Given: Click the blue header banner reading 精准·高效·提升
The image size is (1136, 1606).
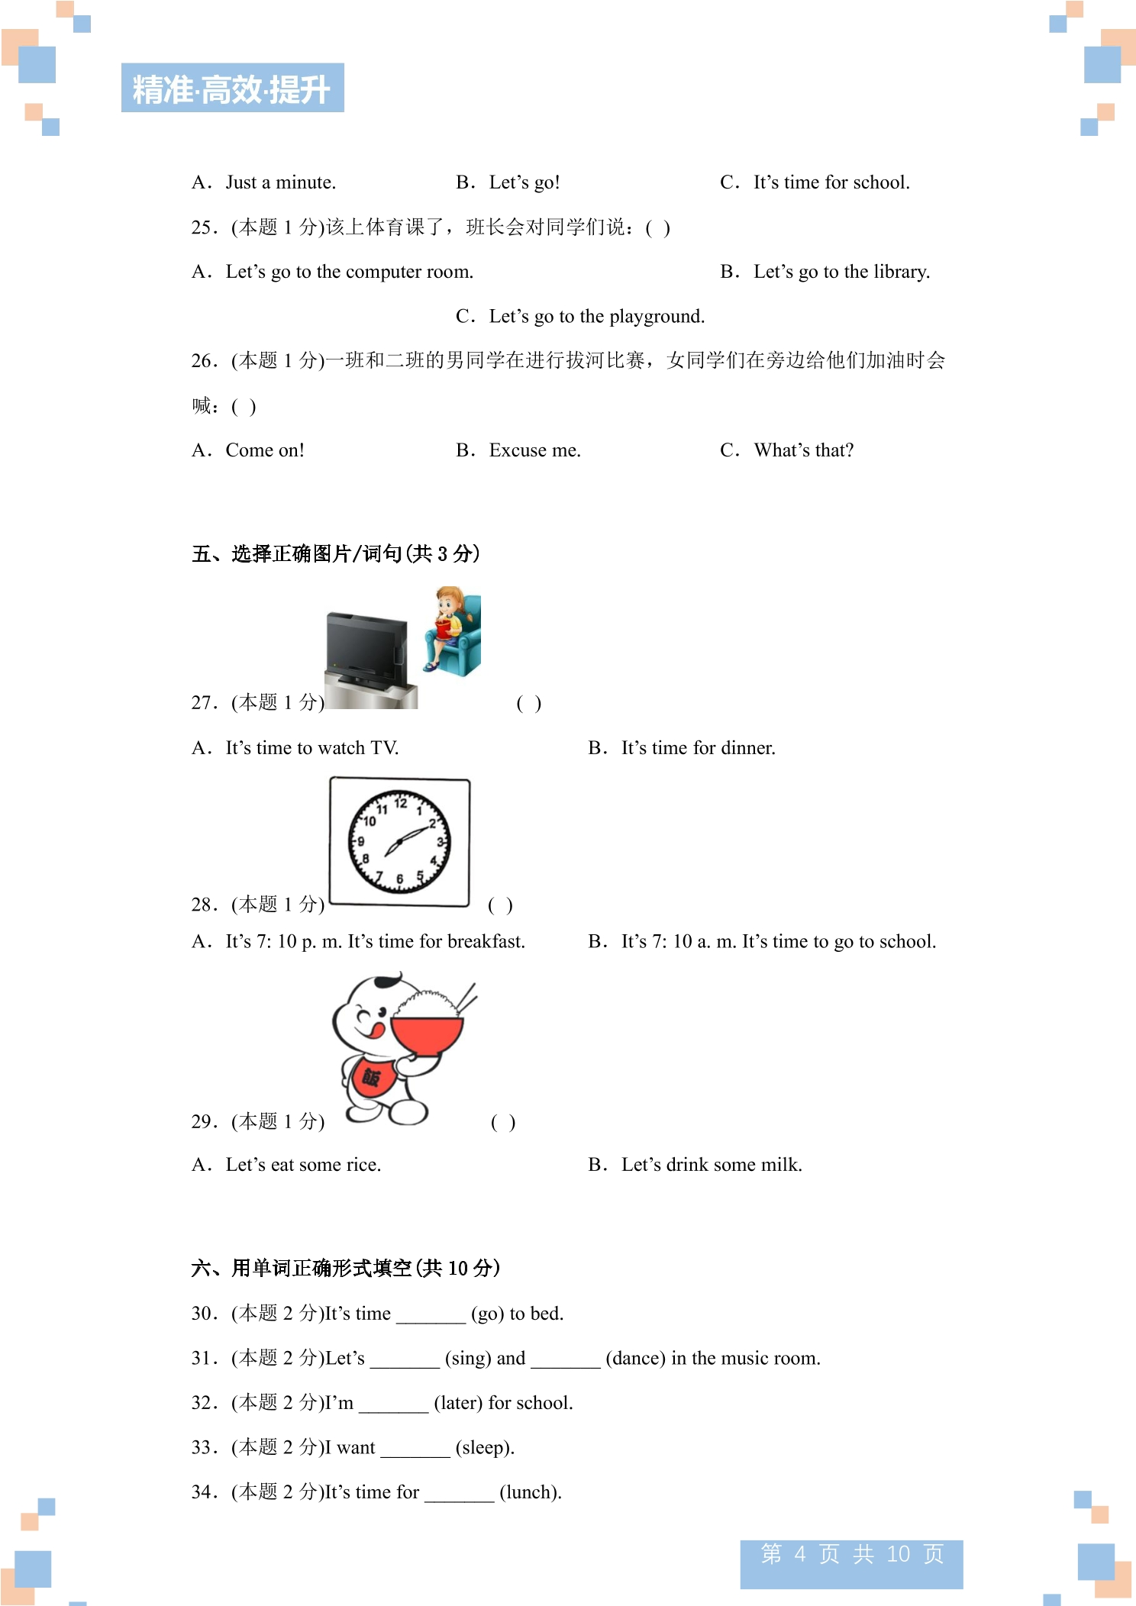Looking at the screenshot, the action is (x=232, y=88).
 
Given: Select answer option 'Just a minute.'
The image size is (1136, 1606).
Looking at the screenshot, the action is (x=280, y=182).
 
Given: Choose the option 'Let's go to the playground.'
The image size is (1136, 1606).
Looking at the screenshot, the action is (x=597, y=317).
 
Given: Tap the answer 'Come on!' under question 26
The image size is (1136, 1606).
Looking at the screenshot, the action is (x=265, y=450).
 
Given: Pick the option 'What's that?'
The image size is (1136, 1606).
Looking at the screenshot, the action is (x=804, y=450).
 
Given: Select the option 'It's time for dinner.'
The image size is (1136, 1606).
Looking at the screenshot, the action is (x=699, y=748).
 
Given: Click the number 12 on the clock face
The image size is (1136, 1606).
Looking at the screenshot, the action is (x=401, y=802).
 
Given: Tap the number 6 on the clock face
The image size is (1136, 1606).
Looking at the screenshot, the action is (x=399, y=879).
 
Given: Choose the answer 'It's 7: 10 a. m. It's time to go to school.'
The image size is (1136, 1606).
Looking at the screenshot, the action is (x=779, y=942).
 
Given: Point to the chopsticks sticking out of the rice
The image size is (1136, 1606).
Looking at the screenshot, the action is (x=465, y=998).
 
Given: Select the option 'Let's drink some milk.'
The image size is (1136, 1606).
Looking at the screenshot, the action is (x=712, y=1165).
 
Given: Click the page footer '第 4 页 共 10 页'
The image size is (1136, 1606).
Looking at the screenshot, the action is (x=852, y=1554).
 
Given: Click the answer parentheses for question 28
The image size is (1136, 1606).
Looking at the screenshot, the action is (x=500, y=905).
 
